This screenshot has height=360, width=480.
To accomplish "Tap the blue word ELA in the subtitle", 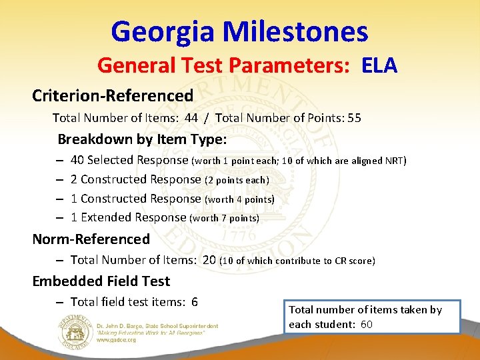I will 379,66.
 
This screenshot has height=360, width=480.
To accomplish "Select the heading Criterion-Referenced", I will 113,95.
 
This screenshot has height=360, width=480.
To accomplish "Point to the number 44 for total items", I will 191,119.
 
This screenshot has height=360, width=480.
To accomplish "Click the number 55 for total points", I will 354,119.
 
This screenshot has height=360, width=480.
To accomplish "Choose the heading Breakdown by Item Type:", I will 142,140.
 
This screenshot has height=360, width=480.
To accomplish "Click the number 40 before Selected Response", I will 77,160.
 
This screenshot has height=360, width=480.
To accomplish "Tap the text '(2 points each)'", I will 237,180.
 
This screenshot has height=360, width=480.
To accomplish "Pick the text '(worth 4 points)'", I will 239,199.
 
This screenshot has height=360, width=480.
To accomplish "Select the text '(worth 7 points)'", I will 225,218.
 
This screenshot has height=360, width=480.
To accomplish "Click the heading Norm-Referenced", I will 91,239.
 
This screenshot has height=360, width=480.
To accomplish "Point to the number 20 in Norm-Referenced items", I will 209,260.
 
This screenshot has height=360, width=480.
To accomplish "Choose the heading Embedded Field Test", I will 101,281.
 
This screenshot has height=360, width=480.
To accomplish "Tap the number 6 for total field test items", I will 194,302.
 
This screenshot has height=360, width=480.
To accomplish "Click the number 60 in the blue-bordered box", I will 365,325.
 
